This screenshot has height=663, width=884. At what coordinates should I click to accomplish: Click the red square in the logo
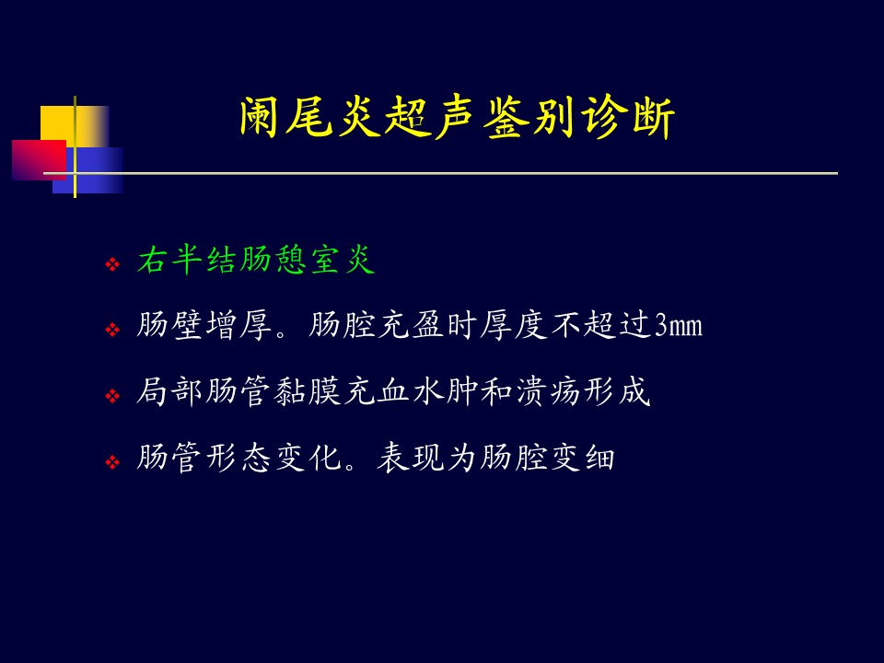(x=39, y=160)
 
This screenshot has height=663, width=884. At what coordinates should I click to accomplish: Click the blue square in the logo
(x=88, y=170)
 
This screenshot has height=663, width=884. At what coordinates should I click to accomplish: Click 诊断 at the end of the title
(x=628, y=119)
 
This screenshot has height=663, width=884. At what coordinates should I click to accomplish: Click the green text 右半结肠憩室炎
(x=256, y=261)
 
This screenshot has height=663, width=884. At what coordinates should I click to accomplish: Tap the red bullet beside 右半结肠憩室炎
(x=112, y=264)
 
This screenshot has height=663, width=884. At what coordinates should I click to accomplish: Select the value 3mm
(x=679, y=326)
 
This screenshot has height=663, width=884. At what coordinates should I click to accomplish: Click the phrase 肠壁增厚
(x=204, y=326)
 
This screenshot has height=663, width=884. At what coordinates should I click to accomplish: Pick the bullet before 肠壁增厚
(x=112, y=330)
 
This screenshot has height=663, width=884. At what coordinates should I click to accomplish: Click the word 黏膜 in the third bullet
(x=308, y=391)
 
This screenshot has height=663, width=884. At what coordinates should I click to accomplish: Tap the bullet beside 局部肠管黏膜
(x=112, y=396)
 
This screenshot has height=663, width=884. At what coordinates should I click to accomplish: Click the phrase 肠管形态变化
(x=239, y=457)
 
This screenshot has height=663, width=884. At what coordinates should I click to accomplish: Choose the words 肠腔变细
(x=547, y=457)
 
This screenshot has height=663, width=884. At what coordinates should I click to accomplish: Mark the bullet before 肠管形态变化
(x=112, y=463)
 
